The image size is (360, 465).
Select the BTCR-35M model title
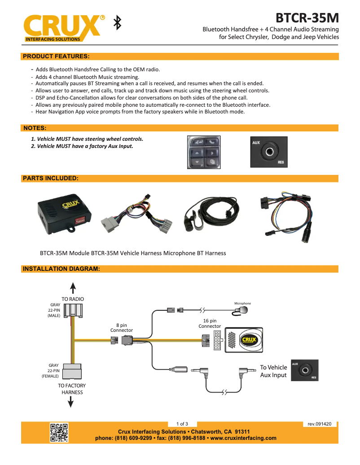point(307,18)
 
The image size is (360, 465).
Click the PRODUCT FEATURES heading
point(56,56)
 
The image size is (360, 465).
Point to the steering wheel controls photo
point(204,152)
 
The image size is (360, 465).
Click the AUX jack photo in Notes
point(269,152)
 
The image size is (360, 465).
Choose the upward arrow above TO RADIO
point(73,287)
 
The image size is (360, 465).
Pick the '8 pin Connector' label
point(122,327)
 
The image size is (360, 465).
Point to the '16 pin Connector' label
point(210,323)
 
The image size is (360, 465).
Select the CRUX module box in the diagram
point(245,339)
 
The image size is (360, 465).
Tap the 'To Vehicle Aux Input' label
point(273,371)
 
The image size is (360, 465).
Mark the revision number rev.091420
point(320,424)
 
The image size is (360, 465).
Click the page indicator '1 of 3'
point(182,424)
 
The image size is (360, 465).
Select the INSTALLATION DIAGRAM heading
point(61,269)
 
